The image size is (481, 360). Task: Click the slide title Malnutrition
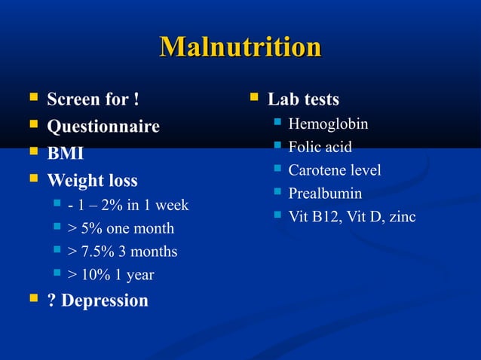(x=240, y=48)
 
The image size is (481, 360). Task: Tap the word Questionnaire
(x=103, y=127)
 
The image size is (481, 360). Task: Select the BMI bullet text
(x=65, y=154)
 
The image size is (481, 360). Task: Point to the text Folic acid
(x=320, y=147)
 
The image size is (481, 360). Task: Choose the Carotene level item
(x=334, y=170)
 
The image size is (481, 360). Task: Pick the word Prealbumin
(x=325, y=194)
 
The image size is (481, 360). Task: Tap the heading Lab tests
(x=303, y=99)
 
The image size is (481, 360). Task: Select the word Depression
(x=105, y=301)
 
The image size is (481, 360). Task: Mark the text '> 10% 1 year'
(x=110, y=275)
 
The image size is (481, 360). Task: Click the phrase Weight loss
(x=92, y=181)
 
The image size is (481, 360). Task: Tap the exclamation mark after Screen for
(x=136, y=99)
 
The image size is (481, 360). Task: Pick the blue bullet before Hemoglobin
(x=277, y=123)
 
